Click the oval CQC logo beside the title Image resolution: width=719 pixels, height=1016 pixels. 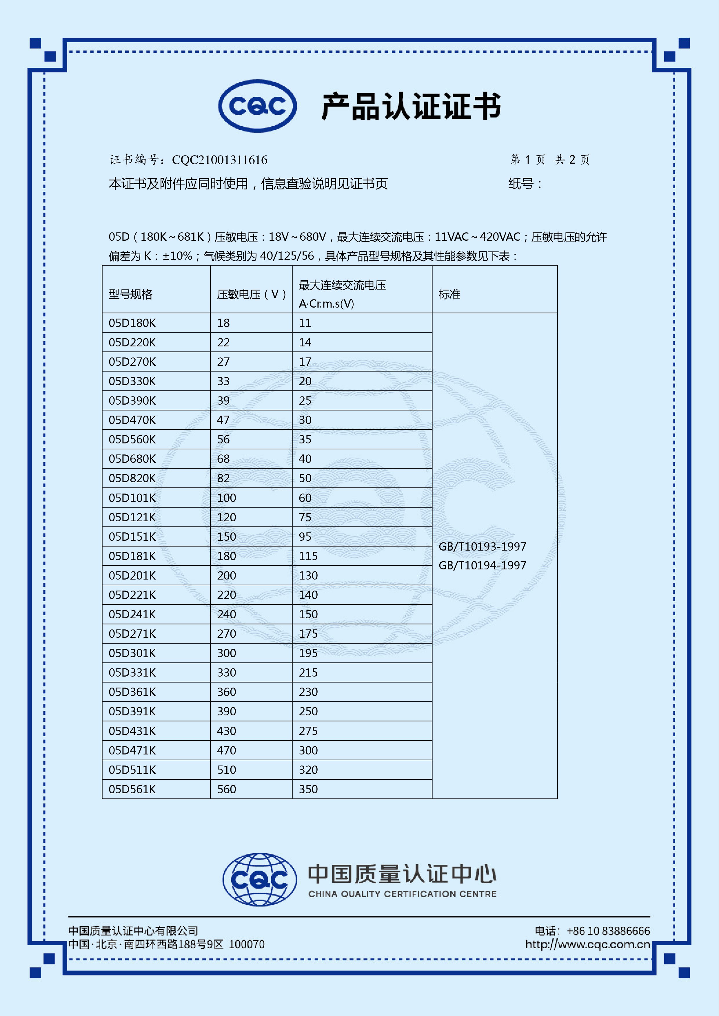coord(257,106)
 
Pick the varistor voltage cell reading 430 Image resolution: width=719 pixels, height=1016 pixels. coord(226,731)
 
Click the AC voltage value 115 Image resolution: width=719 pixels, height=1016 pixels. coord(308,556)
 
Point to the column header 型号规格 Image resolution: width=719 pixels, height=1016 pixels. coord(131,294)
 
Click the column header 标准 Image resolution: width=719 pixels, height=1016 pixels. coord(449,294)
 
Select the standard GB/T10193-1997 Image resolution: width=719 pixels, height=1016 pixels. coord(482,547)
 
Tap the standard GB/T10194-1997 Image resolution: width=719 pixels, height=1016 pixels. coord(482,566)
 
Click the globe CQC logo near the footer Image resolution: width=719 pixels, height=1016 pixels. coord(259,879)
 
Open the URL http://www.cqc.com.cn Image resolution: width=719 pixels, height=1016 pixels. coord(587,944)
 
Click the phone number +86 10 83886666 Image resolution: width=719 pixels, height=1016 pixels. coord(608,931)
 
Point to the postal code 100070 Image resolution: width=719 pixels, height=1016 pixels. coord(247,944)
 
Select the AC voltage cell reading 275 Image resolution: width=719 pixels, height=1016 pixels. coord(308,731)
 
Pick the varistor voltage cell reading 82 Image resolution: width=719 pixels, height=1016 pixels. coord(223,478)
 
